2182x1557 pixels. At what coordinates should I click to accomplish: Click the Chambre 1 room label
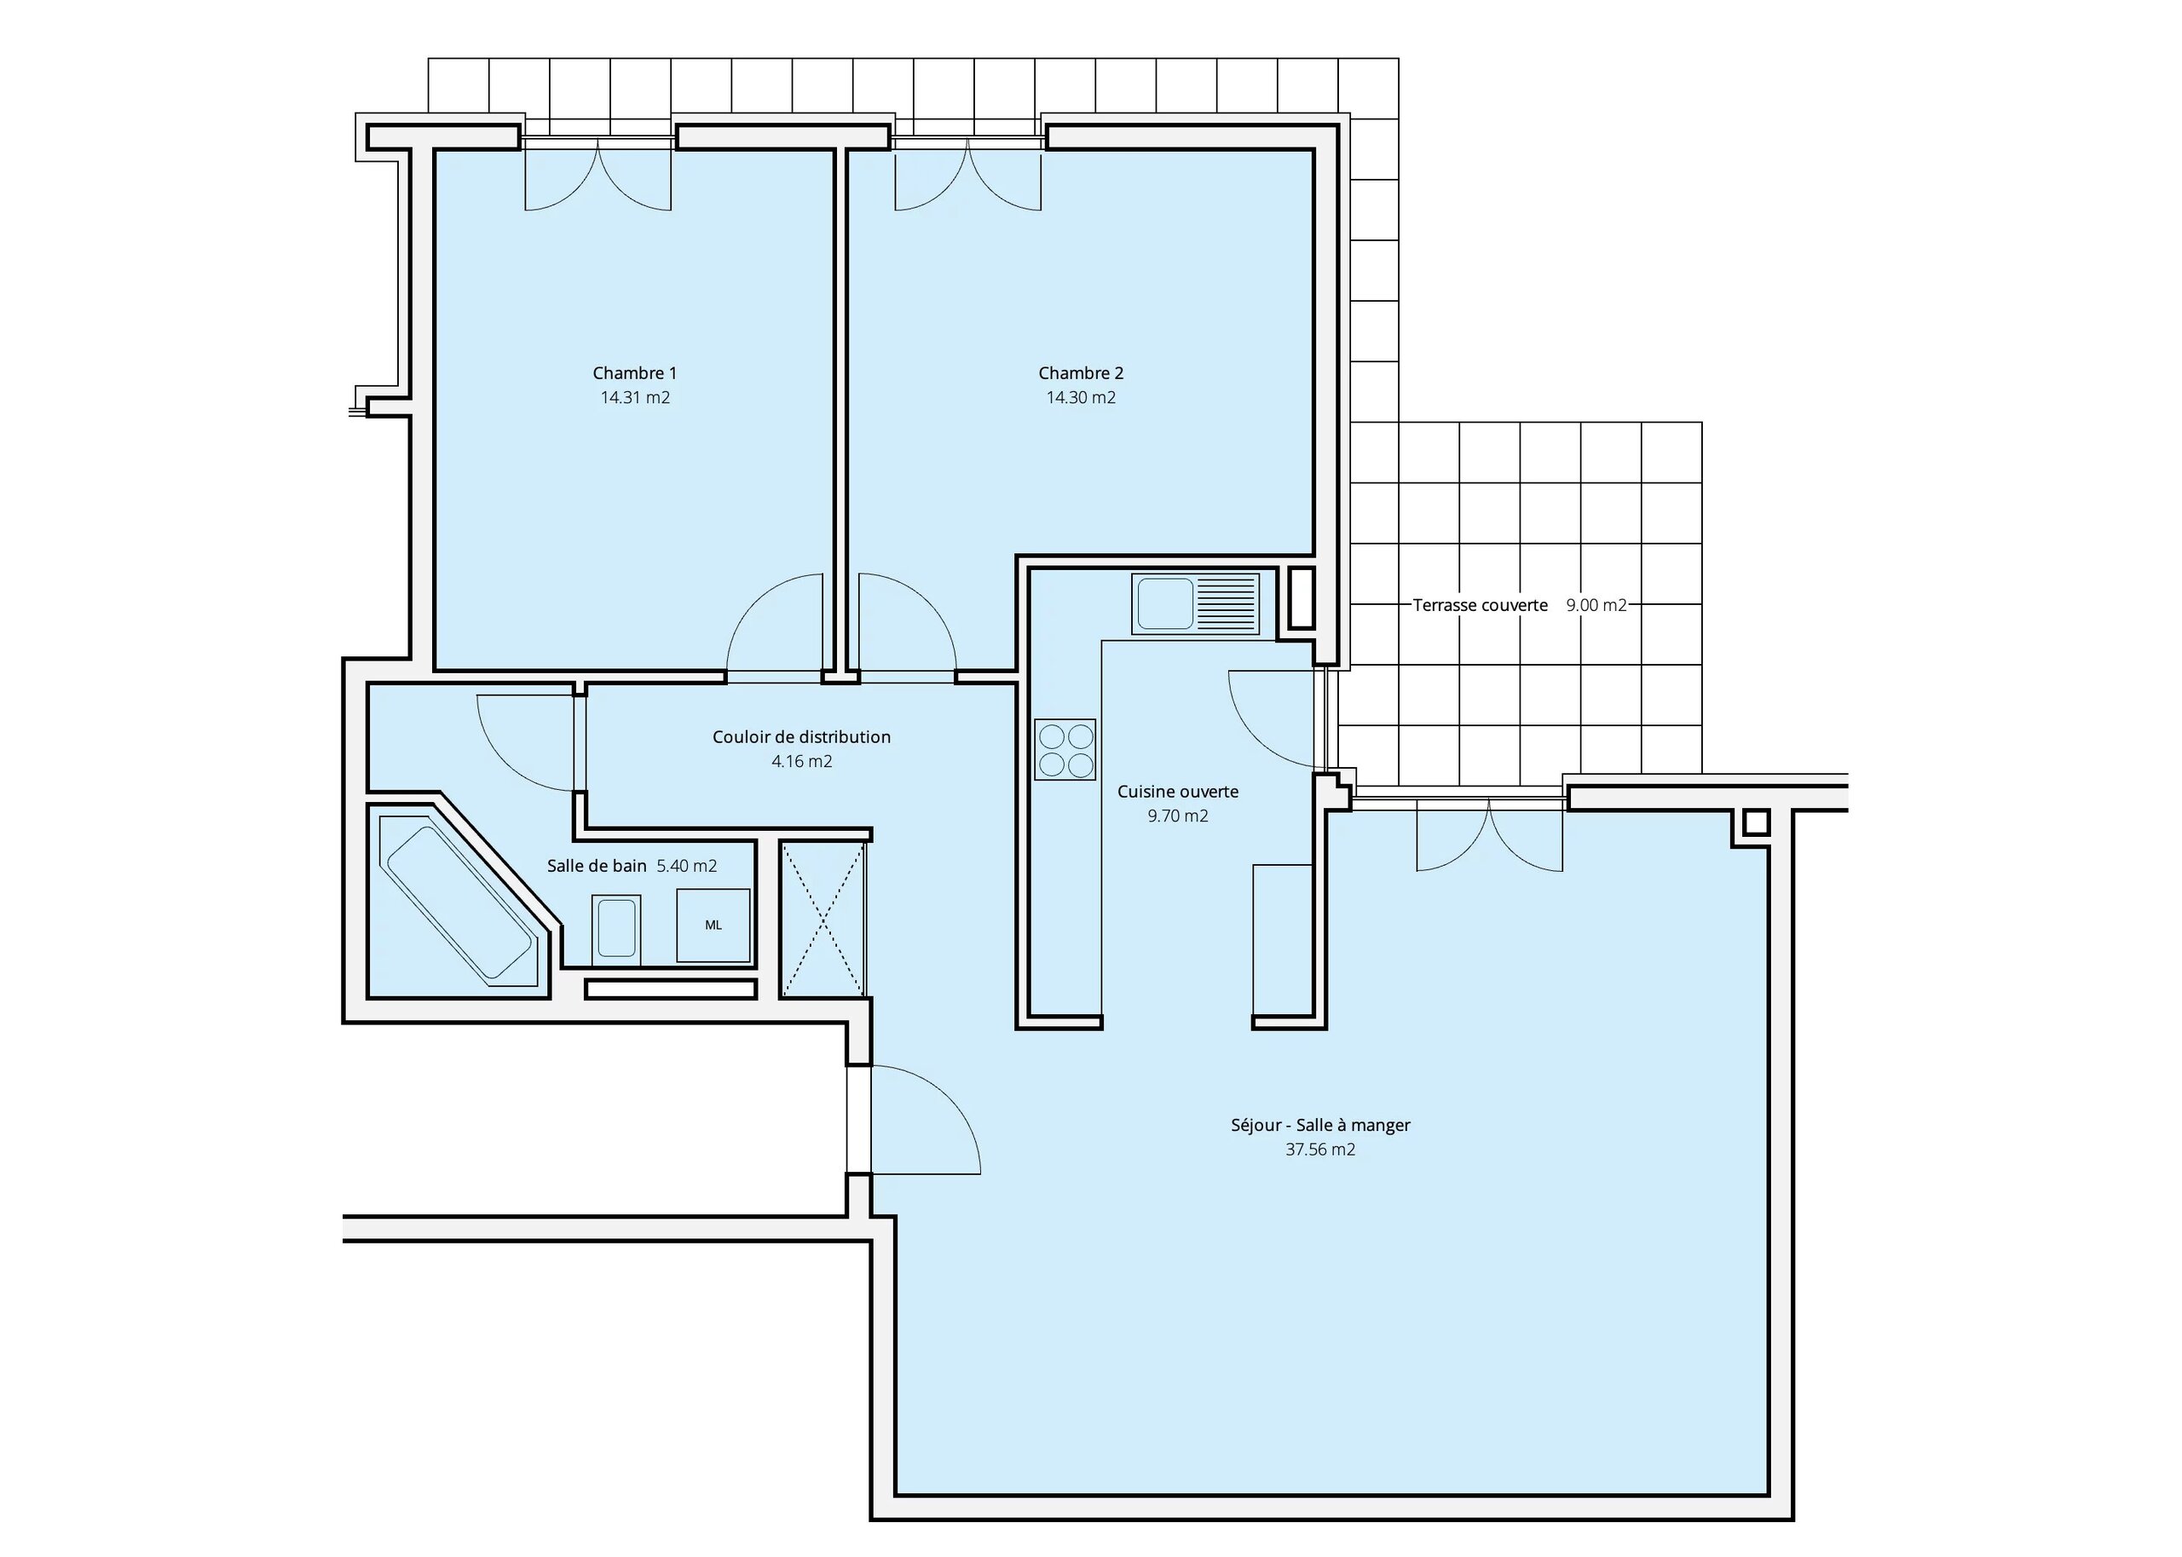(635, 373)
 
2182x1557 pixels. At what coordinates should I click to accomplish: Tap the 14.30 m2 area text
(1081, 397)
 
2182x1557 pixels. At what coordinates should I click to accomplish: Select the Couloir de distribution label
(801, 736)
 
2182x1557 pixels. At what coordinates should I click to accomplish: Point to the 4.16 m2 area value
(801, 761)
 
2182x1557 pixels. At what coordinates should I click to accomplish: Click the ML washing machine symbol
(713, 926)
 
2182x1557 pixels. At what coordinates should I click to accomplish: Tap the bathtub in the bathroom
(459, 902)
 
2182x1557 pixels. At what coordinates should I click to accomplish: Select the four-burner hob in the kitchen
(1065, 750)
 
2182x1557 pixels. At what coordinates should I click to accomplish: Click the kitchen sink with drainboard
(1194, 604)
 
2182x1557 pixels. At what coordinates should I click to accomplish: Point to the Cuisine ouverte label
(1177, 792)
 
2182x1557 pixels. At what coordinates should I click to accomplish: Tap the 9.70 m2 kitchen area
(1177, 816)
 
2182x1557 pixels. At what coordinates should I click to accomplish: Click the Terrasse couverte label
(1481, 605)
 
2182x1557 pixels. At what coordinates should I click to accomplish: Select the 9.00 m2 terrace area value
(1596, 605)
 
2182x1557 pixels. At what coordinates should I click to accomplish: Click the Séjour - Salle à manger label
(1320, 1125)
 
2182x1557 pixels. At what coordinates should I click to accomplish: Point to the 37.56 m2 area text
(1320, 1150)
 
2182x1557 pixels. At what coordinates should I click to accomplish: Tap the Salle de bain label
(597, 866)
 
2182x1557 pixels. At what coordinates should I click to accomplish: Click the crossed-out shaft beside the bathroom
(823, 920)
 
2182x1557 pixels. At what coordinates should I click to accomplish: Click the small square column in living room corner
(1755, 822)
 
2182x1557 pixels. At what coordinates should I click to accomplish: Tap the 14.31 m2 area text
(635, 397)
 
